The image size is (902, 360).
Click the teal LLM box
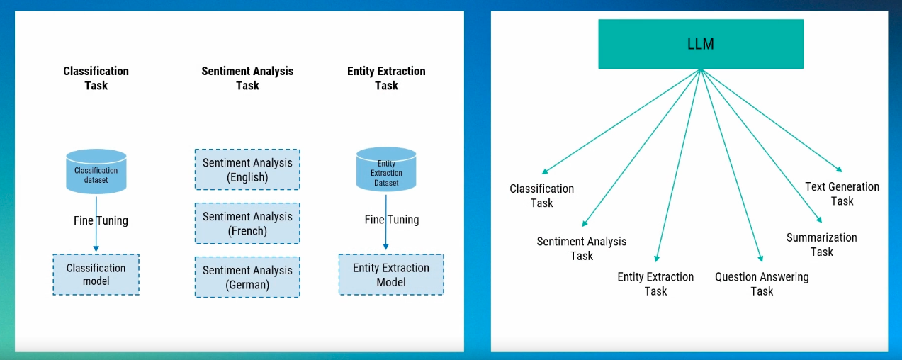[700, 44]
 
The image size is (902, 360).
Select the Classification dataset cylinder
[96, 171]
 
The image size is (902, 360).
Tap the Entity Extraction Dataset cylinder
[386, 170]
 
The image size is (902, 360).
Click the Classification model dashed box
[96, 275]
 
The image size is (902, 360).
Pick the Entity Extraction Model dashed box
[390, 275]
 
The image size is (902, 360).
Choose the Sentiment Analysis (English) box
[247, 170]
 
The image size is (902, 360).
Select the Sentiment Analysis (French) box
[247, 224]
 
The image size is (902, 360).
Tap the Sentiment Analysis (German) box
[247, 277]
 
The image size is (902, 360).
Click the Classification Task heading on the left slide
[96, 78]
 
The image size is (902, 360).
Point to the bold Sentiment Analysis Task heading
[247, 78]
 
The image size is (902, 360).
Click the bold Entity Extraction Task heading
[386, 78]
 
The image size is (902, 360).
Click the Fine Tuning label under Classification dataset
[101, 220]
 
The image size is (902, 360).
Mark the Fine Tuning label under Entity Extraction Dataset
[392, 220]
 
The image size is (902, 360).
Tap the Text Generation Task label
[842, 194]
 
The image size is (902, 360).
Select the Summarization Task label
[821, 244]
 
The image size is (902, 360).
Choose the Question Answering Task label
[762, 284]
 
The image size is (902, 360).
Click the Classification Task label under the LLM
[542, 196]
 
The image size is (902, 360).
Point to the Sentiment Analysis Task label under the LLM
[582, 248]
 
